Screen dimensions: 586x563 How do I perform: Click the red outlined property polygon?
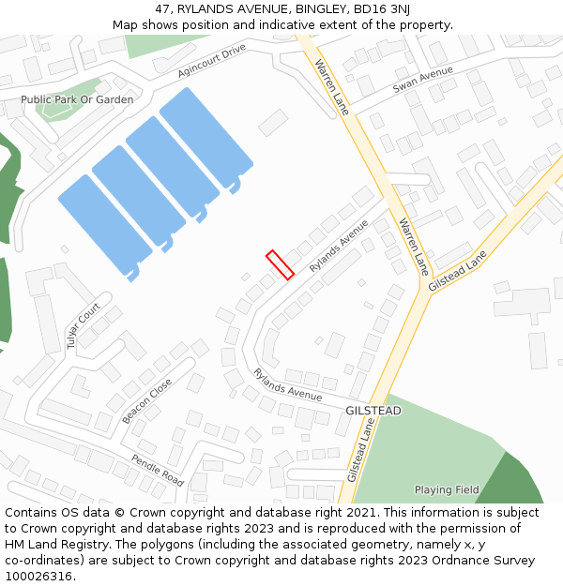tap(280, 264)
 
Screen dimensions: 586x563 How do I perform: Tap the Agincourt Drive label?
tap(211, 61)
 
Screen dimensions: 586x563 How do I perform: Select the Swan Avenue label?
tap(422, 79)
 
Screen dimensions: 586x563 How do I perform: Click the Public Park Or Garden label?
tap(77, 99)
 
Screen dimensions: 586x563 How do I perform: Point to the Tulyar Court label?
tap(83, 325)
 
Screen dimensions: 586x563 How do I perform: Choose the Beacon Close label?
tap(146, 400)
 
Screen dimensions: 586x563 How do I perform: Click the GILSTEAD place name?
tap(373, 411)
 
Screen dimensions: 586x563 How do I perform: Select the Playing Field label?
tap(447, 489)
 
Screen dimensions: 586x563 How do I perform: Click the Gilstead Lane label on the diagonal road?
tap(458, 270)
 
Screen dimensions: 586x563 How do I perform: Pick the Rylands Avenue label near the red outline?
tap(339, 246)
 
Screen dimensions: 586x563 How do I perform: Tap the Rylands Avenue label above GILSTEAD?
tap(287, 383)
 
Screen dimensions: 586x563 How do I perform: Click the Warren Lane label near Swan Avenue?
tap(331, 87)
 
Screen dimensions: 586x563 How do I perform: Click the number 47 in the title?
tap(161, 9)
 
